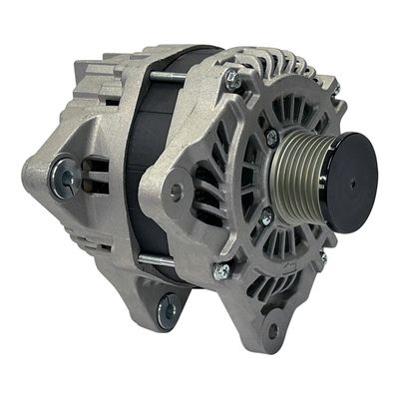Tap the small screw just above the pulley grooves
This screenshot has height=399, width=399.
271,138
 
